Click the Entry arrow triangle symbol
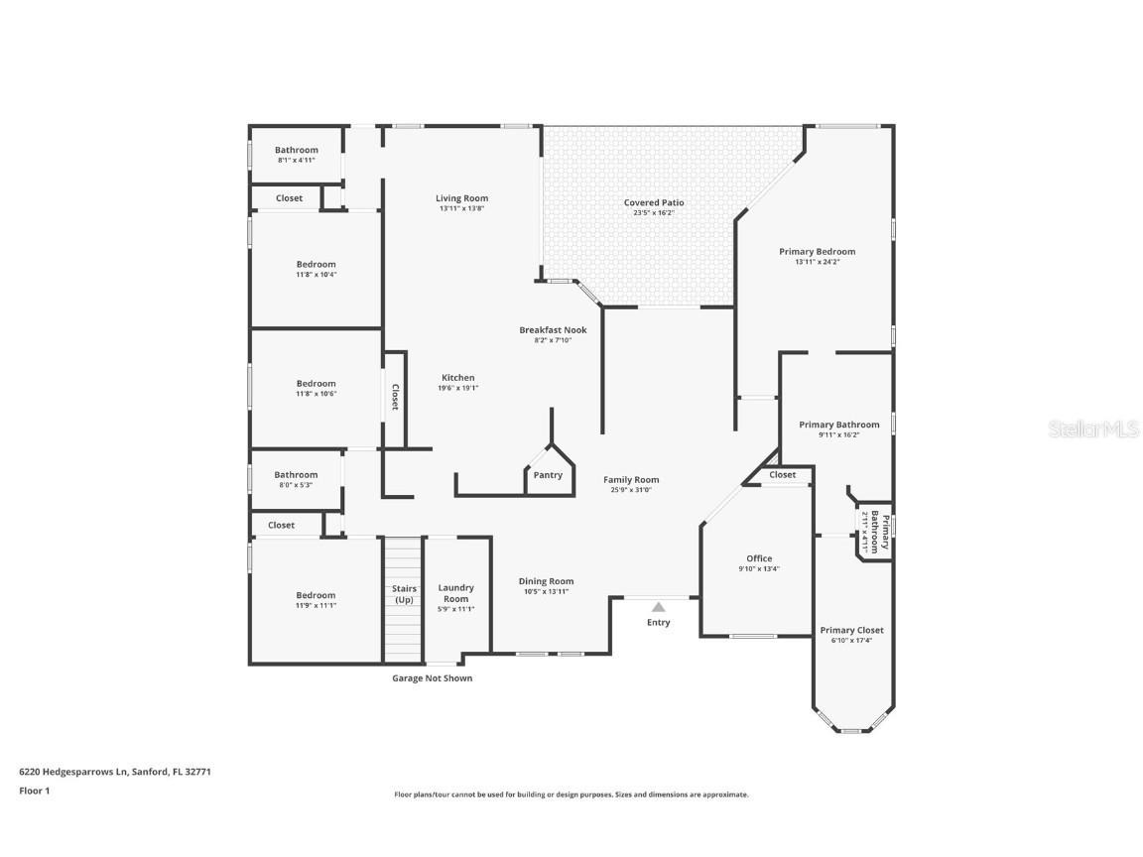658,606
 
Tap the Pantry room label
548,475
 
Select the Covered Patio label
654,202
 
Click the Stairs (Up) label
404,594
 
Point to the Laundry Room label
456,593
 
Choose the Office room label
759,558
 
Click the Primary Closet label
851,630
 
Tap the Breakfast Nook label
553,329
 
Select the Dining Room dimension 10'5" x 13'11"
546,591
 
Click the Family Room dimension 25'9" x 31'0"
631,490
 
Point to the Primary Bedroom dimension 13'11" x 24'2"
818,262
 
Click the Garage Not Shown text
433,678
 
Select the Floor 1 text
34,791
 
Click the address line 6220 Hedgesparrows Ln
115,771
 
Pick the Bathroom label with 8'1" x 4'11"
297,150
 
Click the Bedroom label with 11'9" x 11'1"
316,595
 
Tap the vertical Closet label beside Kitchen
394,398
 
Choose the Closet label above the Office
783,475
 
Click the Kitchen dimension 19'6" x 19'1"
458,388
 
